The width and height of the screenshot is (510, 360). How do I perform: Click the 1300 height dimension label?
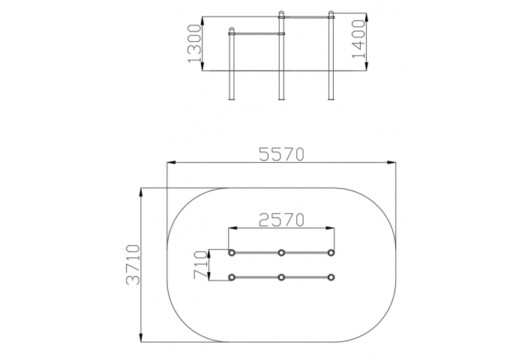click(194, 43)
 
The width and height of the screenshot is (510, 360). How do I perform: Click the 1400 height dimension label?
click(358, 39)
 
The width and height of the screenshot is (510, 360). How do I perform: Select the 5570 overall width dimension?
click(282, 154)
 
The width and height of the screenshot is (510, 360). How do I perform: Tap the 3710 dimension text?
click(133, 265)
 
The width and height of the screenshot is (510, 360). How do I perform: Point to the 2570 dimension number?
click(282, 220)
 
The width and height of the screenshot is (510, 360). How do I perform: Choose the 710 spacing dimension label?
click(200, 265)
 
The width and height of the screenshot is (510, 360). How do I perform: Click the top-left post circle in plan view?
click(232, 252)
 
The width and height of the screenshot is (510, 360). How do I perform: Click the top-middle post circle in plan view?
click(281, 252)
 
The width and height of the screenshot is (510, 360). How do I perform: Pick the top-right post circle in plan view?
click(331, 252)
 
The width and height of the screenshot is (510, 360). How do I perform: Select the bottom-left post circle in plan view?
click(232, 277)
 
